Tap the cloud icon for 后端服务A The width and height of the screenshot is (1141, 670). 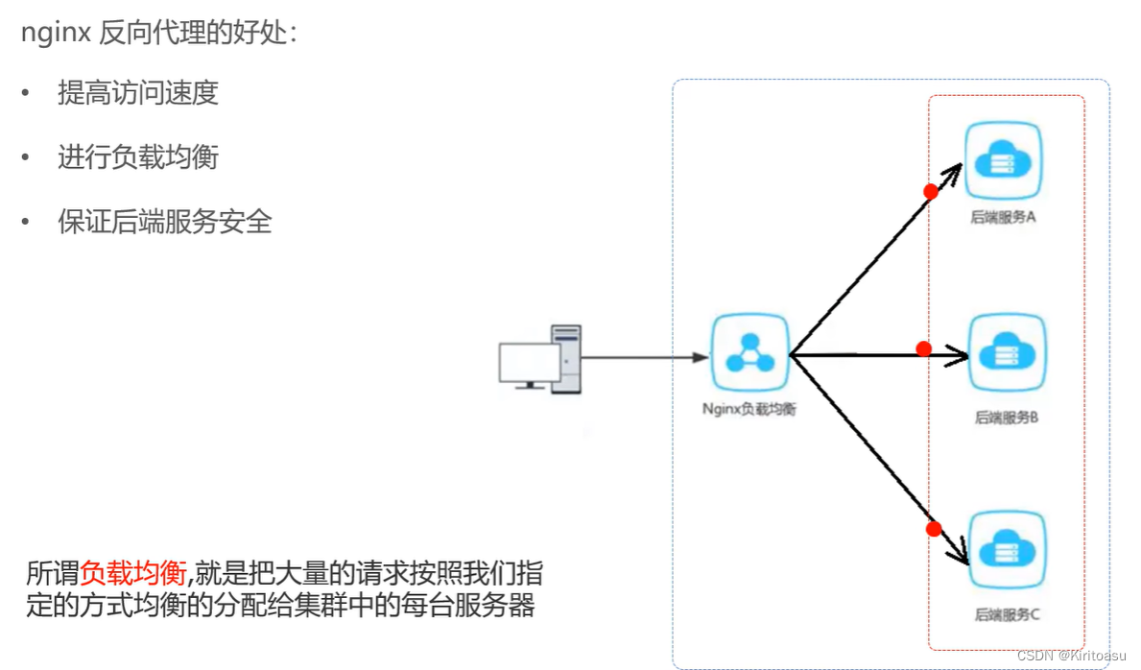(x=1004, y=159)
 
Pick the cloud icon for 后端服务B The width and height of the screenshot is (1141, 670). (x=1007, y=352)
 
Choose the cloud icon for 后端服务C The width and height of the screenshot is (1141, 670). (x=1007, y=551)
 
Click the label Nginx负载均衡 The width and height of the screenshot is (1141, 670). (x=749, y=409)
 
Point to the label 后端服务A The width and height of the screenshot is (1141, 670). (x=1003, y=217)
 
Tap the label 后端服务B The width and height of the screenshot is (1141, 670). (x=1007, y=418)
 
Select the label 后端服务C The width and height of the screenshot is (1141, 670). (x=1008, y=614)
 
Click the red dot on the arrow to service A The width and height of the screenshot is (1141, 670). (x=930, y=191)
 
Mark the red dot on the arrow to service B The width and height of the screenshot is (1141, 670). (x=924, y=348)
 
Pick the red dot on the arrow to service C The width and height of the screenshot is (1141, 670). (x=934, y=528)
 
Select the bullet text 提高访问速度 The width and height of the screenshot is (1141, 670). (x=138, y=93)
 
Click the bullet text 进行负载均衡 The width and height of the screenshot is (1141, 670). (x=138, y=157)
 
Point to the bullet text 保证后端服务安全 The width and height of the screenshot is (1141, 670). (x=165, y=222)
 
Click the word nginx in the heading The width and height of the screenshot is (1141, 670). (x=56, y=35)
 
